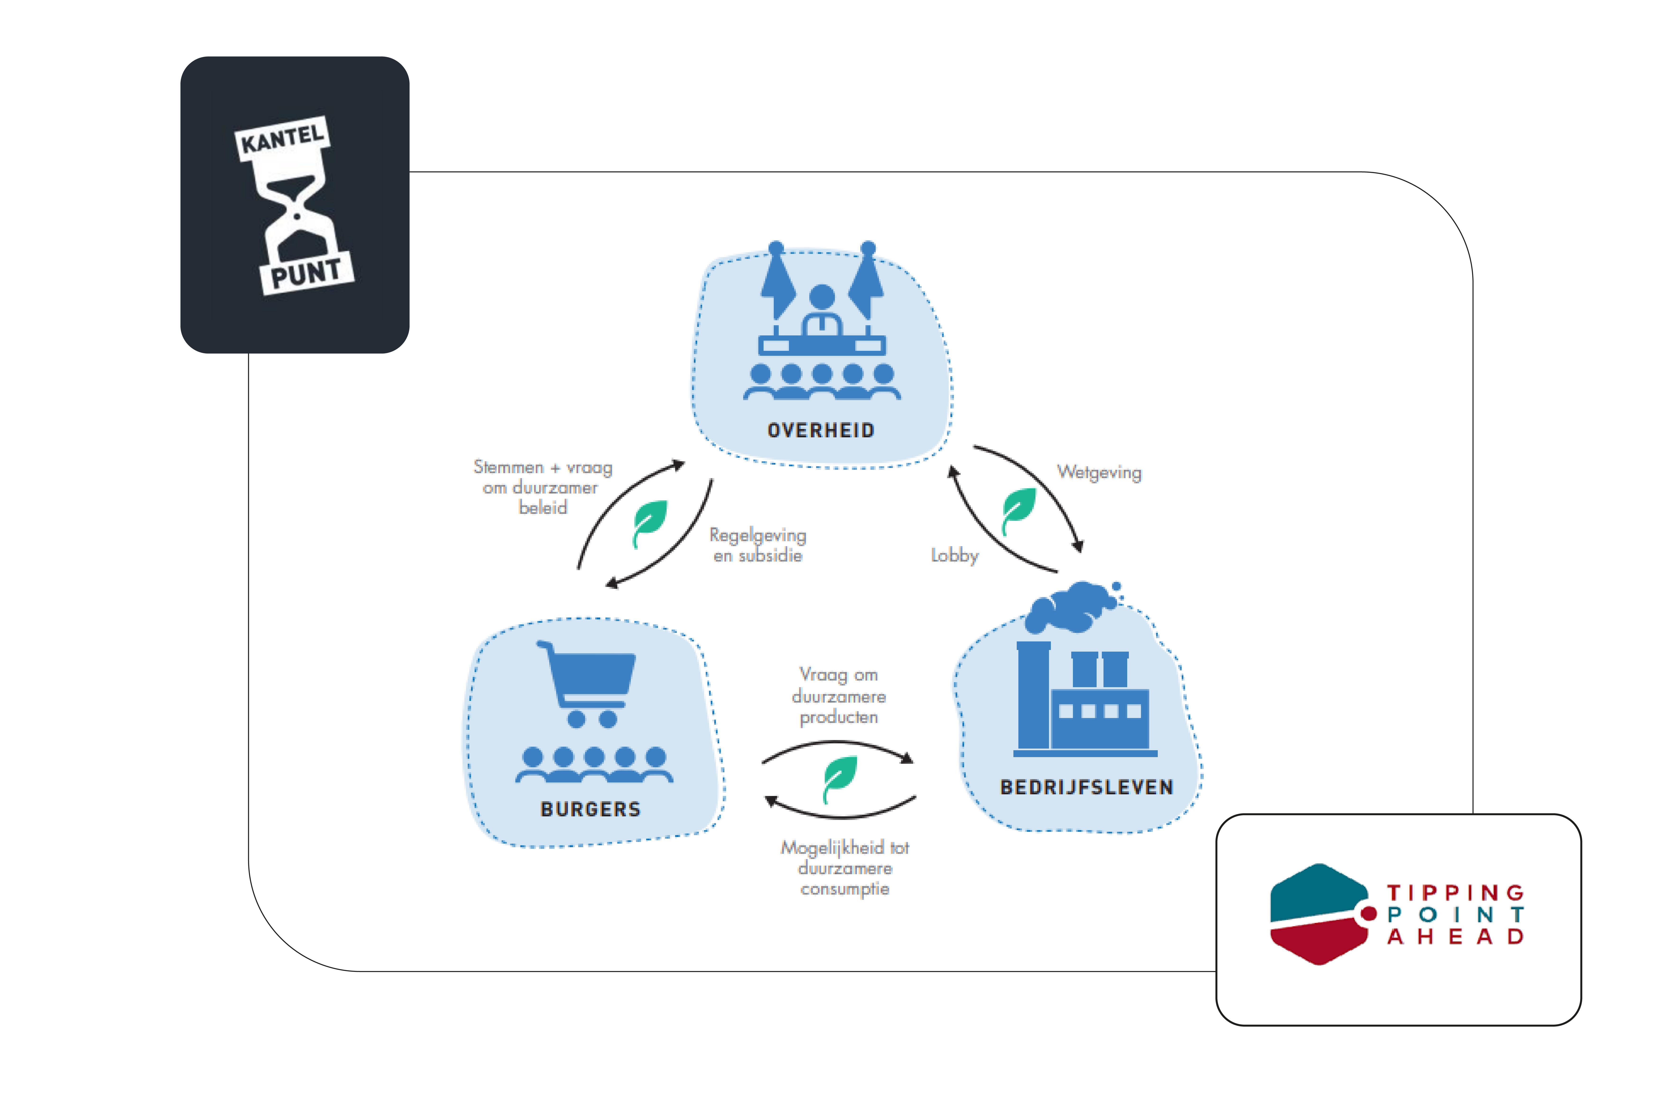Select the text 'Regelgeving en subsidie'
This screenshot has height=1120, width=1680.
click(x=758, y=545)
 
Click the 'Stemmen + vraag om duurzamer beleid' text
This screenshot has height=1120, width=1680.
click(x=543, y=487)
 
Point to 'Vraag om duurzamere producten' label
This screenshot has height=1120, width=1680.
click(x=838, y=696)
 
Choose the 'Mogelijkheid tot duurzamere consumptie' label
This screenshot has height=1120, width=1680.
click(x=845, y=868)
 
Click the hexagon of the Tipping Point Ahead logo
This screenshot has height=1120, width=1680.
click(x=1318, y=914)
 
